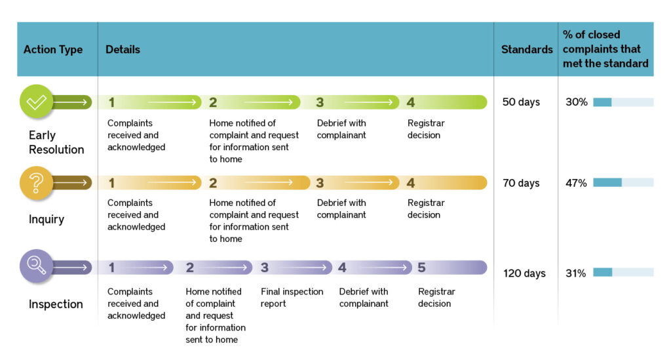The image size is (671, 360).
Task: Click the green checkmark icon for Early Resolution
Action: [x=36, y=102]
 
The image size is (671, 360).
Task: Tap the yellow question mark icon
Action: [x=36, y=182]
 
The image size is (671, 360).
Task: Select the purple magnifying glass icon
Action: [x=36, y=266]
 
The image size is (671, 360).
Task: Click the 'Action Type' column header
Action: [x=53, y=50]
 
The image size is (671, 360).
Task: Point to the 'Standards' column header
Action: [x=527, y=50]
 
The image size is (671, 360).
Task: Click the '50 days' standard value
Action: [x=521, y=102]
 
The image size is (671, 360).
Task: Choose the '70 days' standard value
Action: [x=521, y=183]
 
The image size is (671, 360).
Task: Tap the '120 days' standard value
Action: [x=524, y=273]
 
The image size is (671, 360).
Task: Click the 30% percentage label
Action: [x=577, y=102]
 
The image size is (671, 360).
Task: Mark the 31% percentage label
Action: [x=576, y=273]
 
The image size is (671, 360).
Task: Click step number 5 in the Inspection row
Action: [x=421, y=268]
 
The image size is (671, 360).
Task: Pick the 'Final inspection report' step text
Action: [x=292, y=298]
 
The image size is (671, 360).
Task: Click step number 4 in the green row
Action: [x=410, y=102]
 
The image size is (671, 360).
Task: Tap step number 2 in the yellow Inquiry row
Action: [x=213, y=183]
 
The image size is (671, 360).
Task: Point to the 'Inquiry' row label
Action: [x=47, y=220]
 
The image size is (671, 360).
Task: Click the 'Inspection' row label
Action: [x=56, y=304]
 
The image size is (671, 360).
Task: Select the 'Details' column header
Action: [x=123, y=50]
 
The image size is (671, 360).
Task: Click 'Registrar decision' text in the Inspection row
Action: [x=436, y=298]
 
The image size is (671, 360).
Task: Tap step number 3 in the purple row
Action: [x=264, y=268]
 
